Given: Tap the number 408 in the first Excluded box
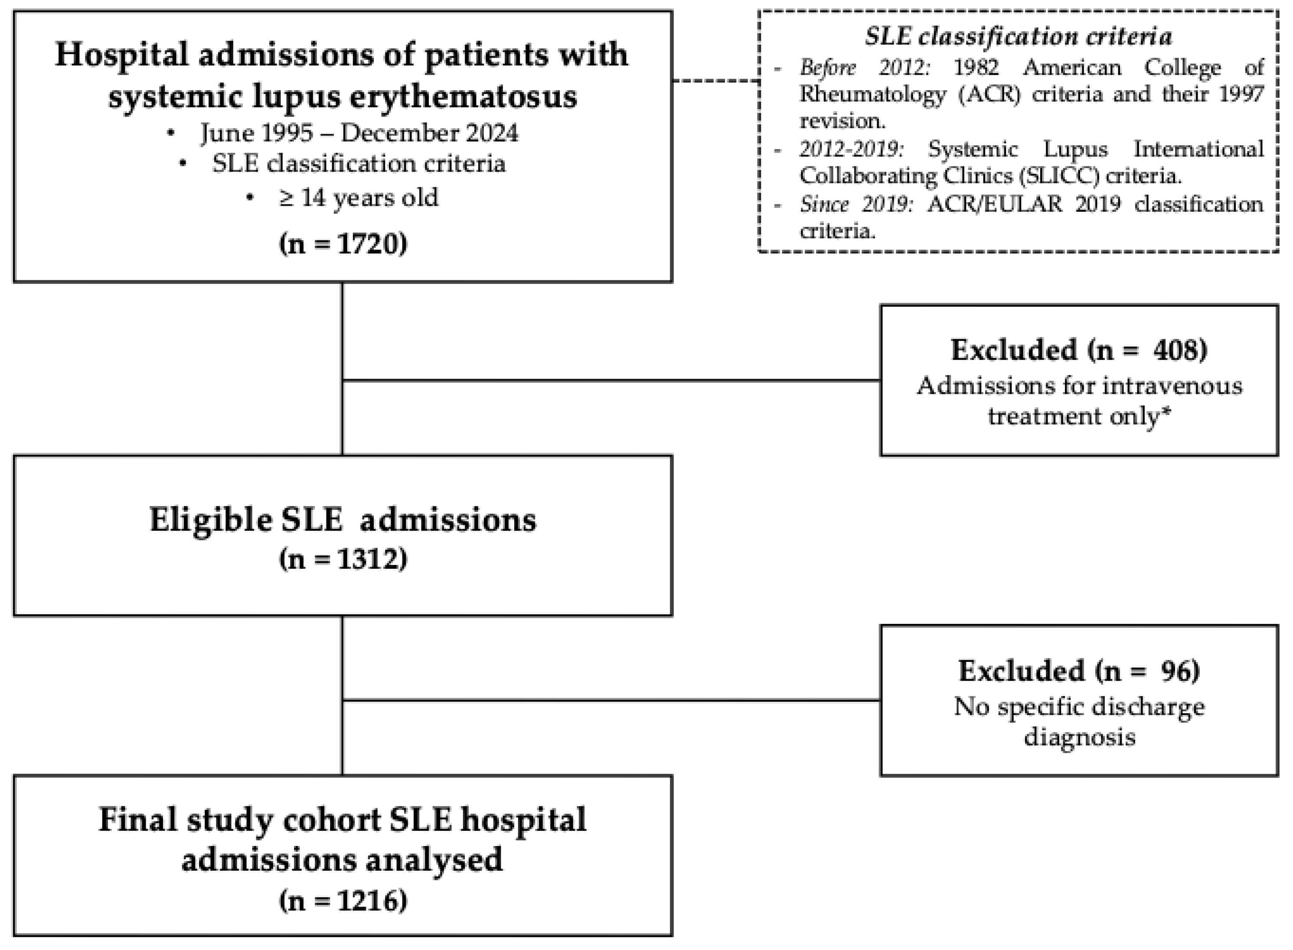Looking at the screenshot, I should (1179, 350).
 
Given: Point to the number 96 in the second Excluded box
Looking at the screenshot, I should (1179, 671).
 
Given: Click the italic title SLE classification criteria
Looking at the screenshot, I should (1018, 37).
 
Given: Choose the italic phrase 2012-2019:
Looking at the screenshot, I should (850, 149).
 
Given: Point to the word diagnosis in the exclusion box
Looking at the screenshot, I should (1080, 737).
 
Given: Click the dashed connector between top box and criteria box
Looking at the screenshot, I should (715, 81).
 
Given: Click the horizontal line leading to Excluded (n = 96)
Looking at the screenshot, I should (610, 700).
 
